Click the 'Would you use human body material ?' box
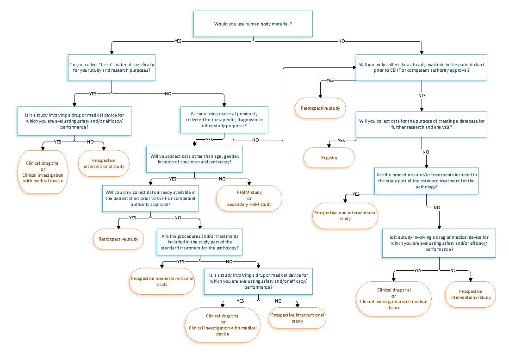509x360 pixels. click(x=253, y=24)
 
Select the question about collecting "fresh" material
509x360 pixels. click(x=112, y=68)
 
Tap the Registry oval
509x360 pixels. click(x=329, y=157)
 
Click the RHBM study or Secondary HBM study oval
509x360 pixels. click(x=249, y=199)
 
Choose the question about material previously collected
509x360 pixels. click(x=224, y=119)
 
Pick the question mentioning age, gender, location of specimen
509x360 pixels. click(x=194, y=159)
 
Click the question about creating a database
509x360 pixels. click(x=422, y=124)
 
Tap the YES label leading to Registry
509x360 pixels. click(x=341, y=140)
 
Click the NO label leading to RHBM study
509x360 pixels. click(x=222, y=178)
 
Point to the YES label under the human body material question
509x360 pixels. click(x=178, y=41)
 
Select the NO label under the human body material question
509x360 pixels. click(x=341, y=41)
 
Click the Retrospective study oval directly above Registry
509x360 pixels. click(x=320, y=108)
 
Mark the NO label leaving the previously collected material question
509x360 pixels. click(x=255, y=140)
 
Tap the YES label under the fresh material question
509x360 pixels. click(x=93, y=93)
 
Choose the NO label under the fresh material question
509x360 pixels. click(x=168, y=93)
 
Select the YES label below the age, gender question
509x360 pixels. click(x=173, y=178)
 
